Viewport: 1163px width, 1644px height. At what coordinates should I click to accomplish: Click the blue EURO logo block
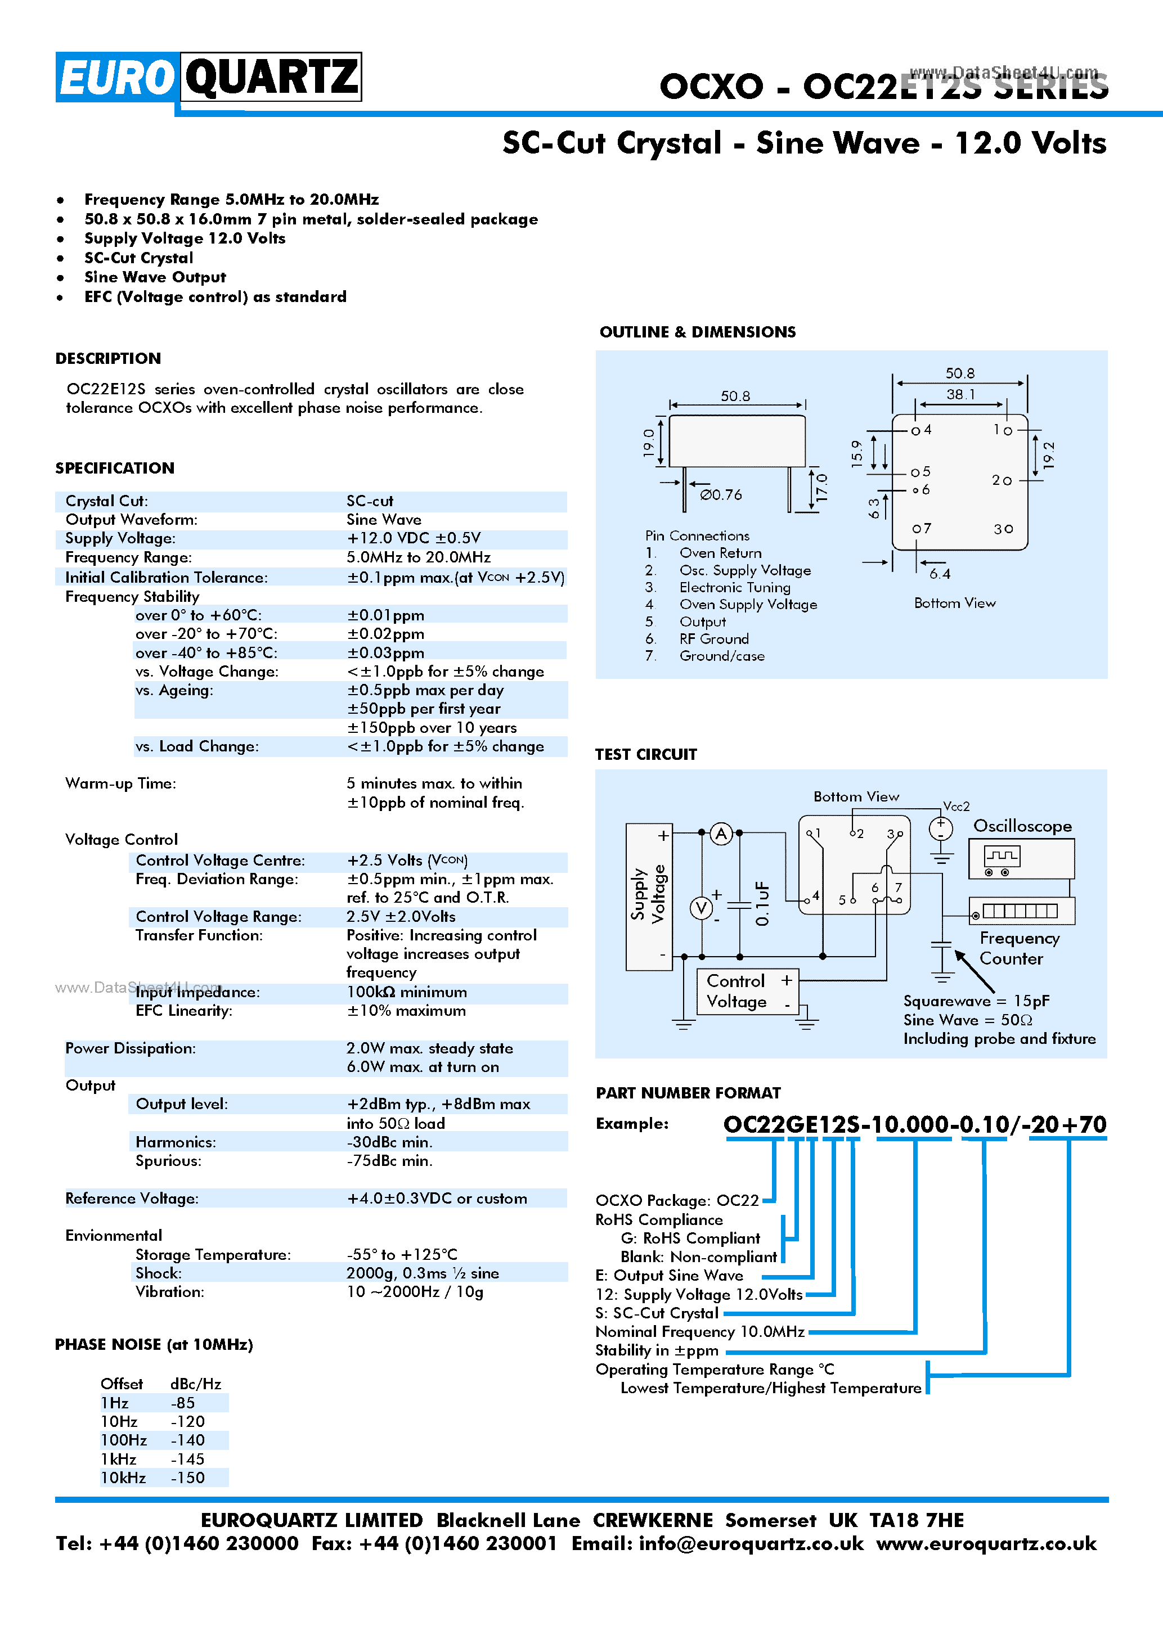point(116,77)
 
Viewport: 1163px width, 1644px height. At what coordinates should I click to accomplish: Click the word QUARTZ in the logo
point(271,76)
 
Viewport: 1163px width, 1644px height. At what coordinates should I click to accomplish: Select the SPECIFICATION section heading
point(115,469)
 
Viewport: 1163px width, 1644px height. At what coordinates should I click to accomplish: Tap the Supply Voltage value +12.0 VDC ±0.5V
point(413,538)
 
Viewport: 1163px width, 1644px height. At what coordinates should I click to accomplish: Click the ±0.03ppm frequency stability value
point(385,653)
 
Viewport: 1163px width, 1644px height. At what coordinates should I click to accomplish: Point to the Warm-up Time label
point(120,783)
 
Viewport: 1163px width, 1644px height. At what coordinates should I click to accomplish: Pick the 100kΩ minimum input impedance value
point(406,992)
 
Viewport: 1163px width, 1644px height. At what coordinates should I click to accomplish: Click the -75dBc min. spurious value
point(389,1161)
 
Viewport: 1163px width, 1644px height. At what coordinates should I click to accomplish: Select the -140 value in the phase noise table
point(187,1440)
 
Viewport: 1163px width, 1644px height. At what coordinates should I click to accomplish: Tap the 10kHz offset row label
point(123,1478)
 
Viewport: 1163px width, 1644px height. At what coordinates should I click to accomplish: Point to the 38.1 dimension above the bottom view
point(960,394)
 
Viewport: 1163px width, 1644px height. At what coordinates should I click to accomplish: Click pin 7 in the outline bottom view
point(921,529)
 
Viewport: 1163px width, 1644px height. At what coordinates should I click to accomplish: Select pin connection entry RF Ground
point(713,639)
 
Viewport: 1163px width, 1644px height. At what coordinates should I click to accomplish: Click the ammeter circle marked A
point(721,834)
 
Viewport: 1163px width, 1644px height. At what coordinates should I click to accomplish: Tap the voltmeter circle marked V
point(701,908)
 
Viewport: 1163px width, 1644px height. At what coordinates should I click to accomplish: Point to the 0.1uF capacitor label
point(762,904)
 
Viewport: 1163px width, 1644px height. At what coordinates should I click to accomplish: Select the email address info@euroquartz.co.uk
point(751,1544)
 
